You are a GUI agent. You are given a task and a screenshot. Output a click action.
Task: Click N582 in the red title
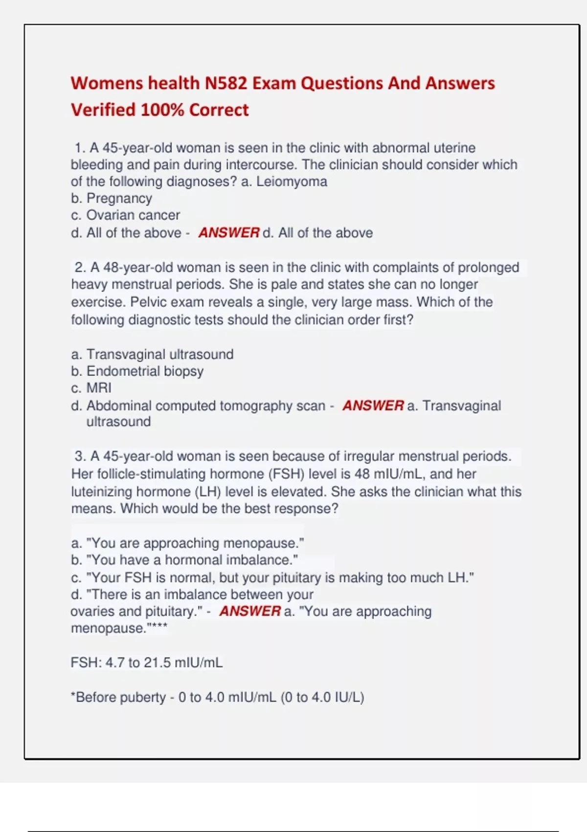tap(226, 83)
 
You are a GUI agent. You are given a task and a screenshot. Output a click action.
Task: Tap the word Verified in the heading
tap(103, 110)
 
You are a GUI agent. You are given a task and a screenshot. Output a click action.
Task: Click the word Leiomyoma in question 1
tap(292, 182)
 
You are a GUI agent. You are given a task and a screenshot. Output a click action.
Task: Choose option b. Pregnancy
tap(112, 198)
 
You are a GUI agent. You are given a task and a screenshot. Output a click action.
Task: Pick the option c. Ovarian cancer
tap(125, 215)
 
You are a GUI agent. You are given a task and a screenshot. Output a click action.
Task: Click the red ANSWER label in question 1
tap(228, 233)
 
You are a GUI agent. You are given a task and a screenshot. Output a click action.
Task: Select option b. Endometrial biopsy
tap(137, 371)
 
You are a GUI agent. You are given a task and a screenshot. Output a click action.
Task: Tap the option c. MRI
tap(91, 388)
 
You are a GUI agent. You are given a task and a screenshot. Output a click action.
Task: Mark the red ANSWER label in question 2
tap(373, 406)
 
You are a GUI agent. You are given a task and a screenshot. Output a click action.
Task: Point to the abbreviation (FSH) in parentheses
tap(286, 474)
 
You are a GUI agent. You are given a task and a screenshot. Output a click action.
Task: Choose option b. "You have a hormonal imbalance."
tap(184, 560)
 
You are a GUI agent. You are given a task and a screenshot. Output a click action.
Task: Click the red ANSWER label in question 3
tap(250, 611)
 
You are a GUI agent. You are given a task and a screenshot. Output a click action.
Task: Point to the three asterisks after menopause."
tap(159, 626)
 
